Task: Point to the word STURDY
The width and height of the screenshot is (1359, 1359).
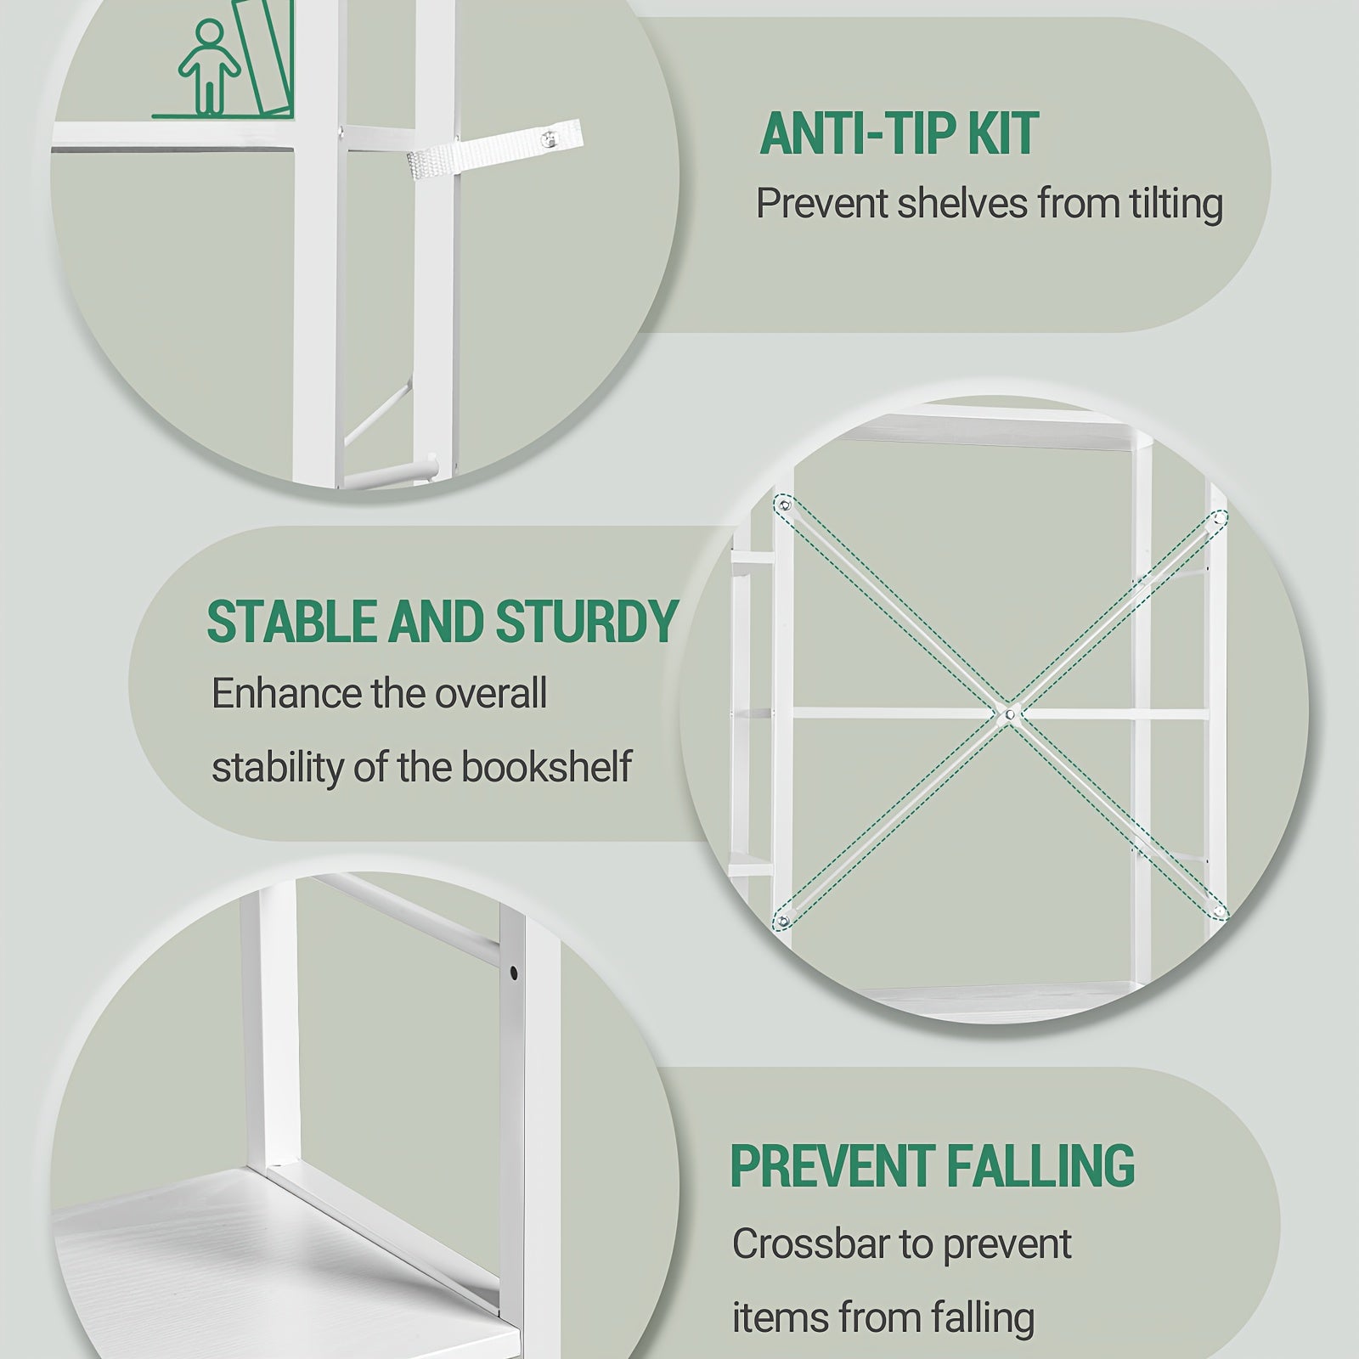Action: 587,621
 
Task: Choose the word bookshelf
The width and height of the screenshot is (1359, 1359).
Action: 547,767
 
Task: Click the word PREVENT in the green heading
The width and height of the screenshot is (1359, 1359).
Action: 832,1165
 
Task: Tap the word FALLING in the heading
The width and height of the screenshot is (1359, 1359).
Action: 1040,1165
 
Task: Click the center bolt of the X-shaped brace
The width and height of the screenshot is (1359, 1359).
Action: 1009,715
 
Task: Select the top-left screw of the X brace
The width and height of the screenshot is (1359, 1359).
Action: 785,505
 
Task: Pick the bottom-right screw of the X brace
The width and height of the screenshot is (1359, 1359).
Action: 1219,911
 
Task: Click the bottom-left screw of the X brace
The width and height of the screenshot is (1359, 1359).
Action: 783,920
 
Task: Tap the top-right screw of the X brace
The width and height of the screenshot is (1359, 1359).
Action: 1220,517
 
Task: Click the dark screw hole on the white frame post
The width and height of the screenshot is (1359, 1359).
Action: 514,971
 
